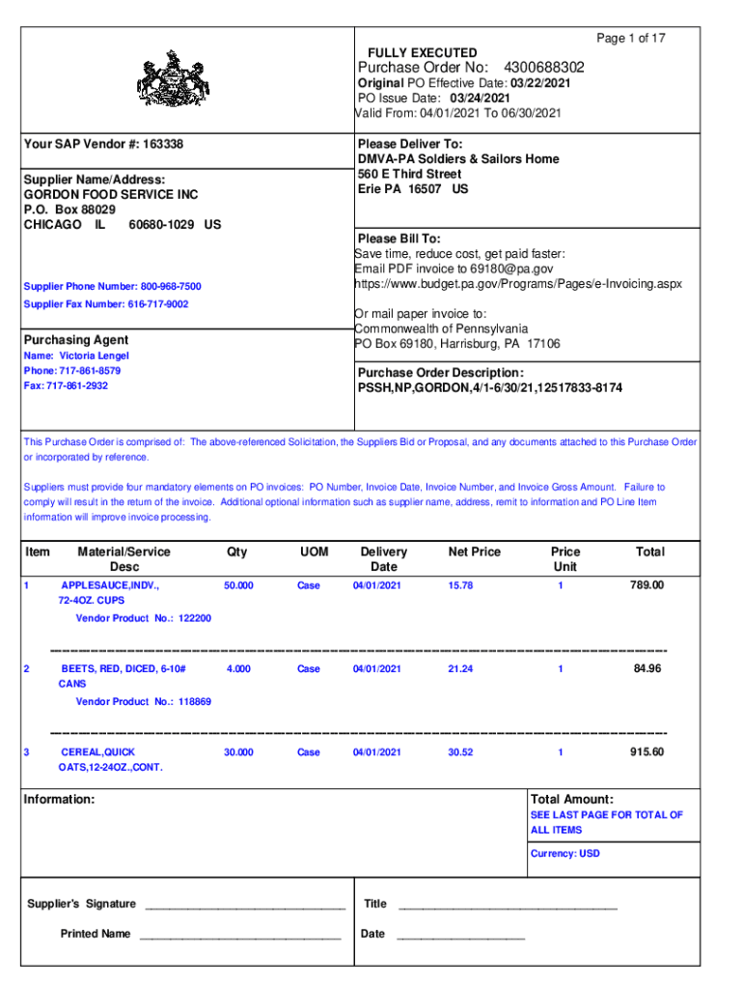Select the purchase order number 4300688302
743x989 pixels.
(x=543, y=68)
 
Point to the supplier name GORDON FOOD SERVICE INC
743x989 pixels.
(x=111, y=194)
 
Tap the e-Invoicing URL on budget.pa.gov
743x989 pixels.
(x=518, y=284)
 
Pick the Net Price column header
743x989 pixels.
(x=474, y=551)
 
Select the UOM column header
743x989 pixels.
(x=314, y=551)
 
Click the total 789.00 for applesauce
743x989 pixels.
(x=647, y=585)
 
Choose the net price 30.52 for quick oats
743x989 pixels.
(x=460, y=752)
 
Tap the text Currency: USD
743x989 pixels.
(x=564, y=854)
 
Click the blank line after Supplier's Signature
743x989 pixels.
(x=243, y=905)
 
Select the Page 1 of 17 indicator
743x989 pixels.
(x=631, y=39)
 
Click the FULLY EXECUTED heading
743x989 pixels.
(x=422, y=52)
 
